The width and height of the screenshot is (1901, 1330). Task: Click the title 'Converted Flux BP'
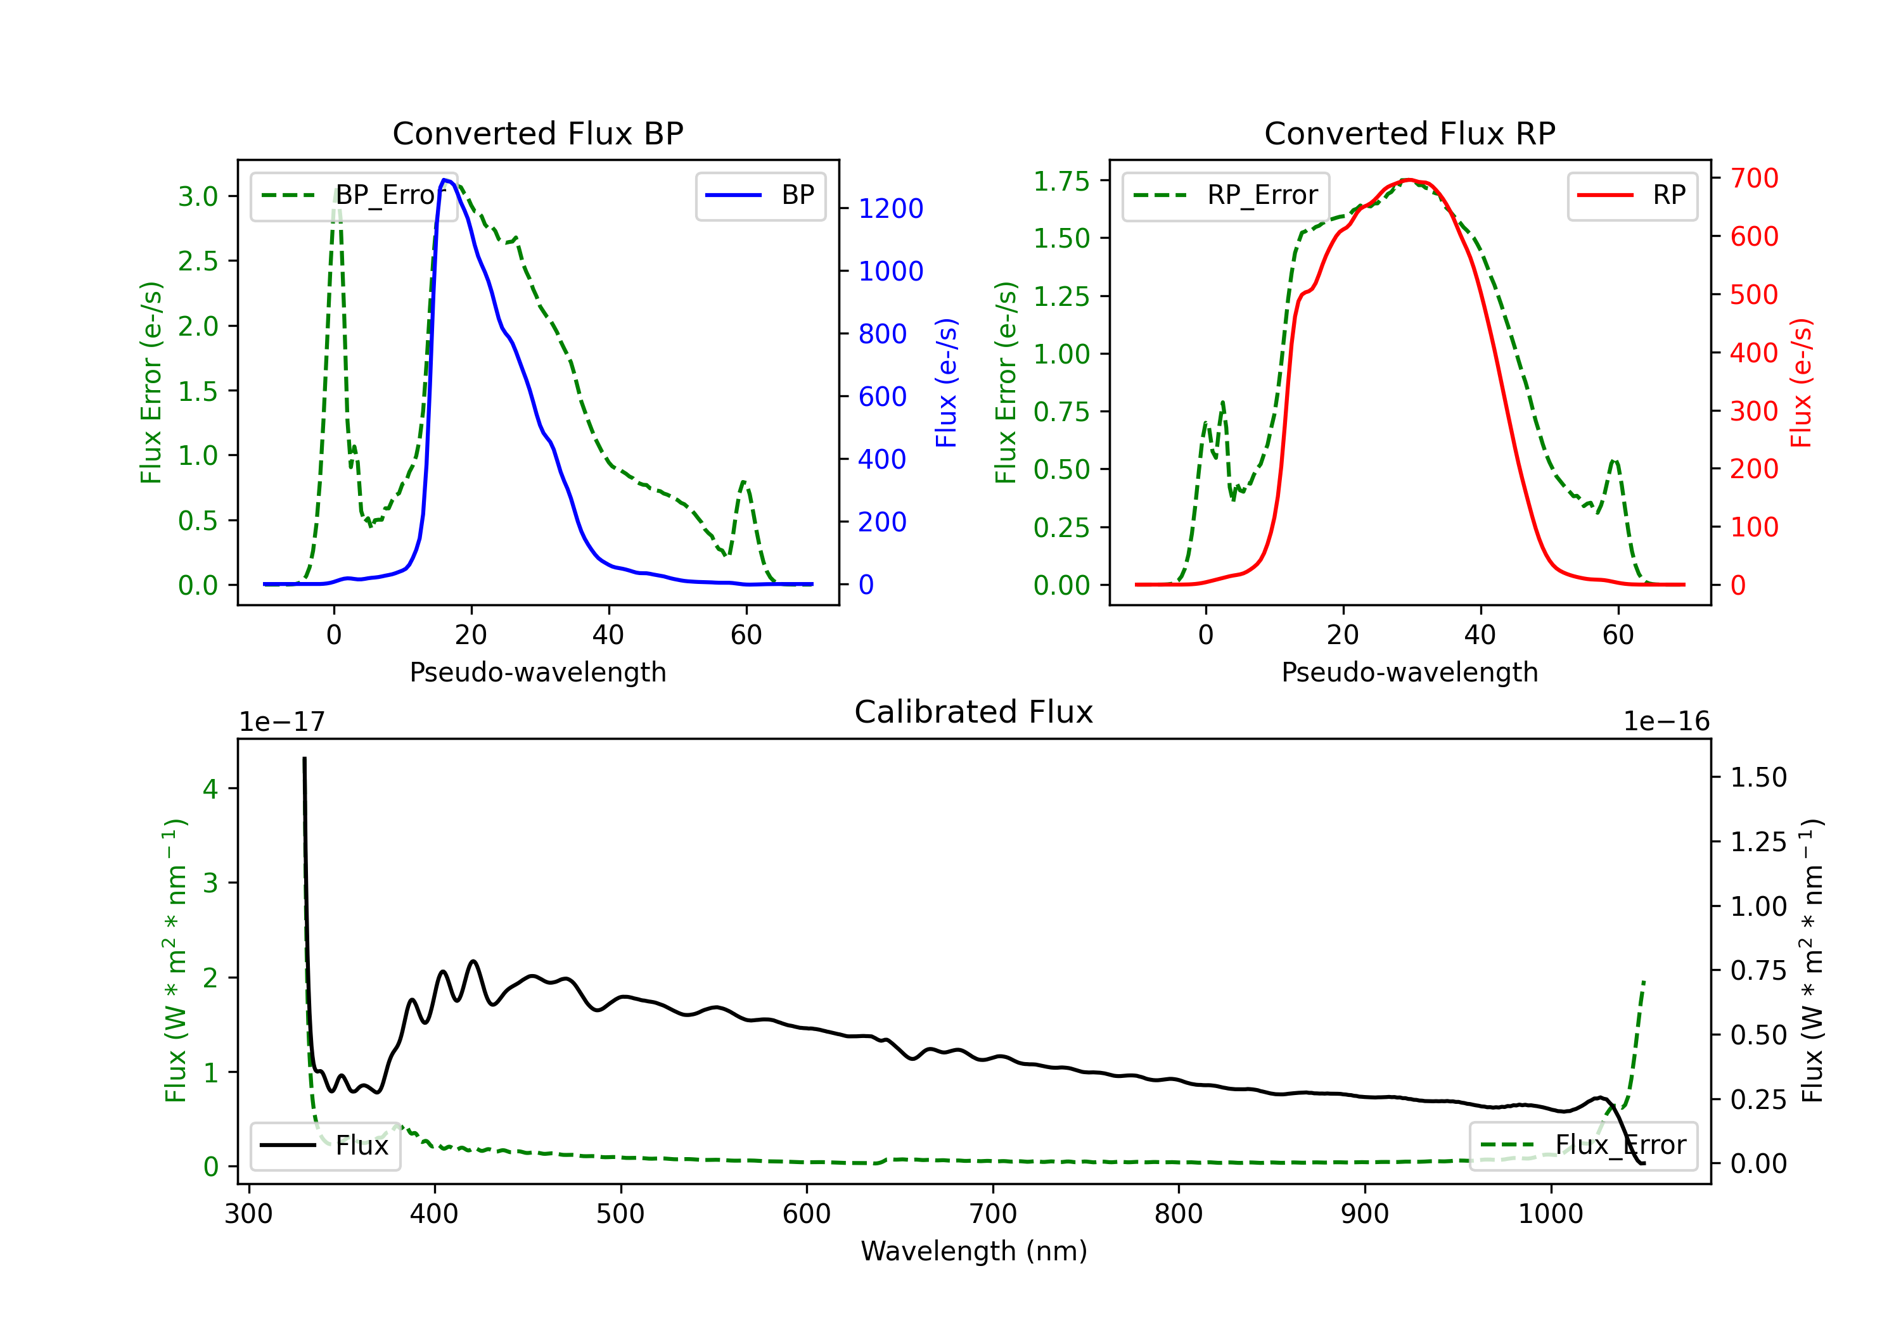pos(537,133)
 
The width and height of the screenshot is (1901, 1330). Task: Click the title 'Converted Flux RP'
pos(1409,133)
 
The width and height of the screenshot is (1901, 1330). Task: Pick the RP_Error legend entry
pos(1226,195)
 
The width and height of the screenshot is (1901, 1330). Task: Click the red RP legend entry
pos(1632,195)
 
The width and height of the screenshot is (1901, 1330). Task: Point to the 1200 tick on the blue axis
pos(890,208)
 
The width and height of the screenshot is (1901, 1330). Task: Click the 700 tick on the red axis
pos(1753,178)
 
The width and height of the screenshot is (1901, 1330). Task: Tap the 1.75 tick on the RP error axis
pos(1061,180)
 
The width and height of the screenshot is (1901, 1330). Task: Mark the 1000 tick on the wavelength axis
pos(1550,1213)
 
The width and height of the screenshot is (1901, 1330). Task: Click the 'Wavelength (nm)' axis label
pos(974,1251)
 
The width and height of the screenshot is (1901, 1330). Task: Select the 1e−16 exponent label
pos(1666,722)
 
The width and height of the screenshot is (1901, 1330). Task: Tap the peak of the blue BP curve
pos(445,180)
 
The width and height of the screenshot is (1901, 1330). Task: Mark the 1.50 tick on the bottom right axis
pos(1758,777)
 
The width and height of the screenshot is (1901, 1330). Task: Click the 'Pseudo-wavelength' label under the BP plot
pos(537,672)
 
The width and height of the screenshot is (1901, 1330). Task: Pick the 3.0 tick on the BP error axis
pos(198,196)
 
